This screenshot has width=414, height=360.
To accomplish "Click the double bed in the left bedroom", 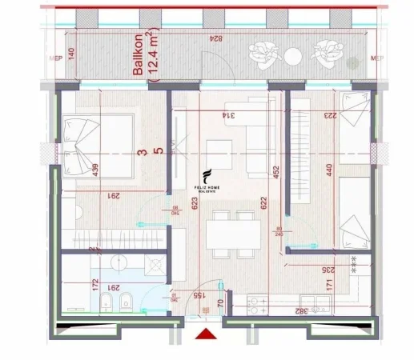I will click(x=95, y=147).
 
